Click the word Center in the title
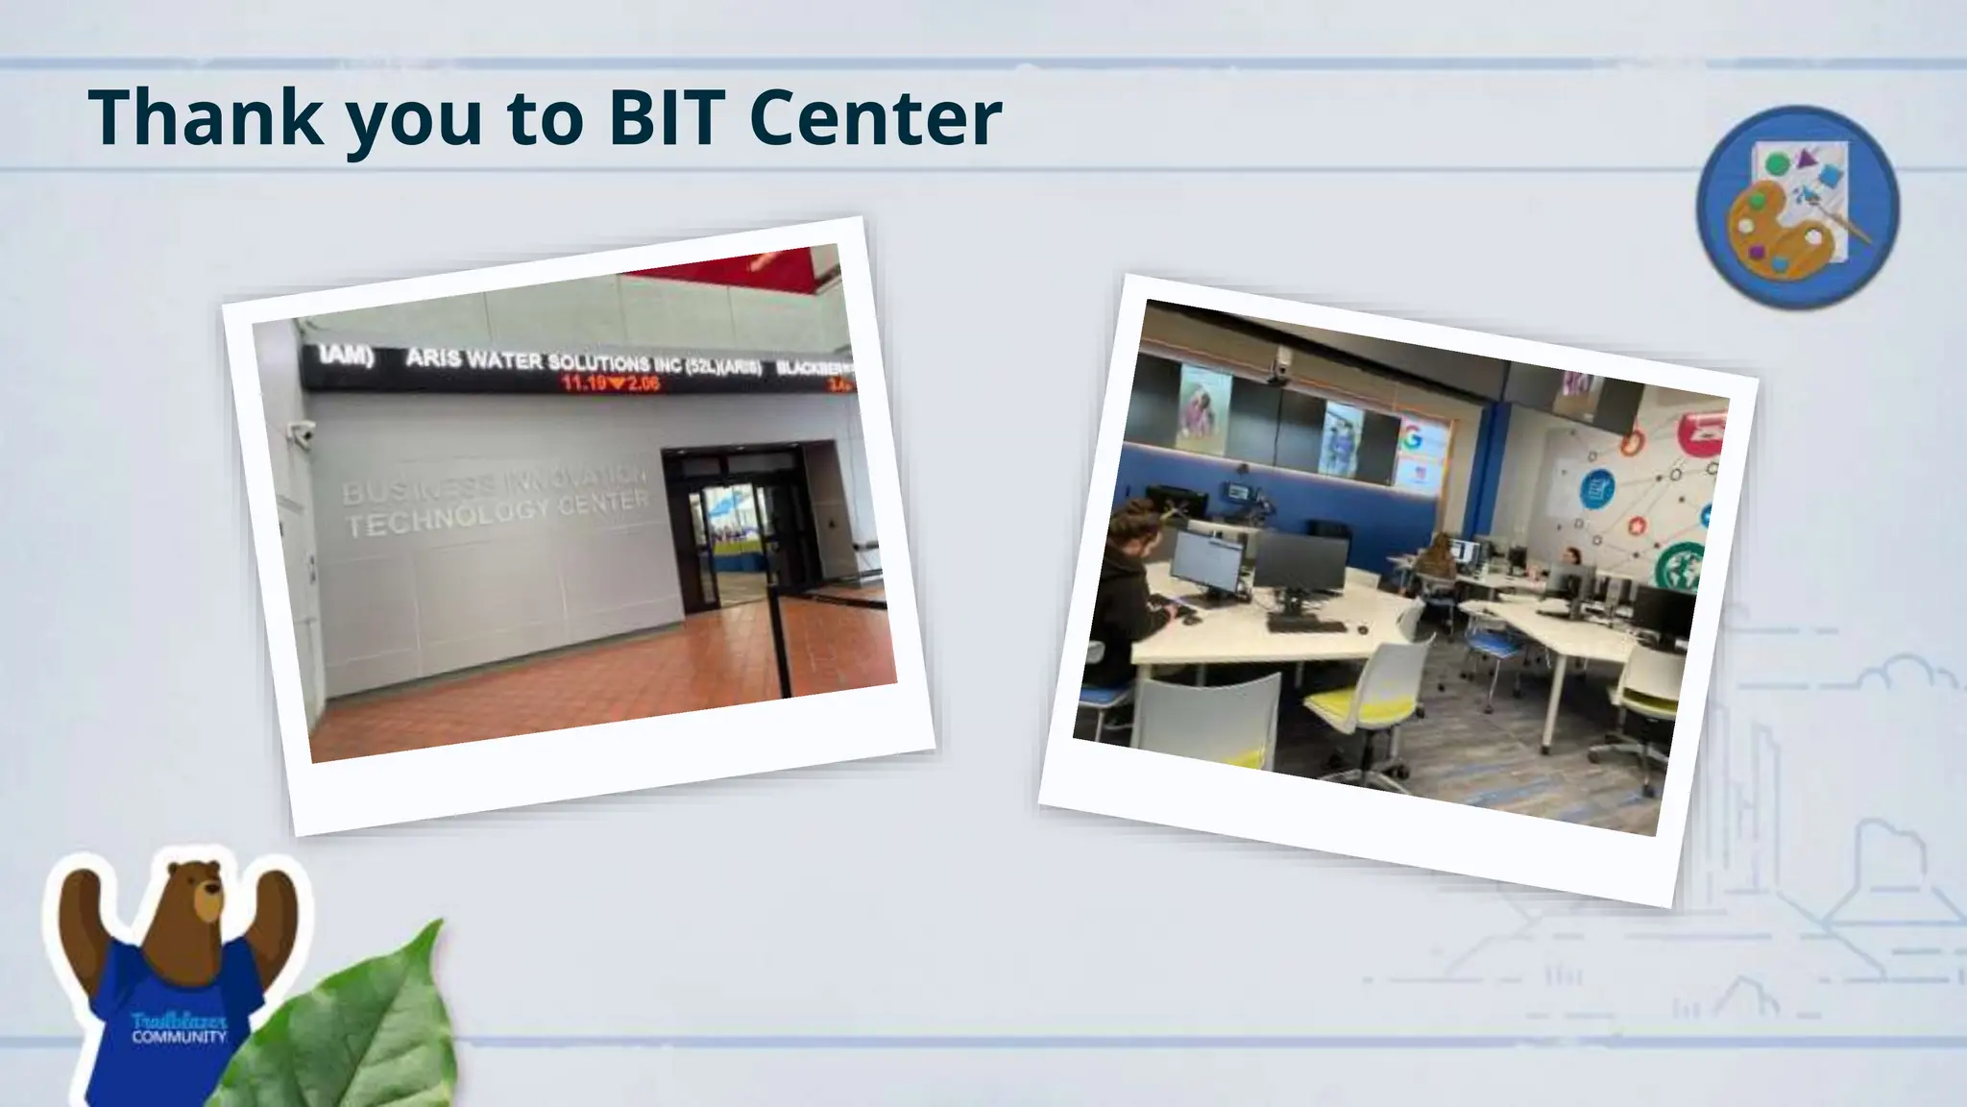[x=874, y=117]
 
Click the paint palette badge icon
[x=1797, y=207]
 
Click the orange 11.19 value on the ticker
[x=584, y=383]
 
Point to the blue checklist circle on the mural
[x=1596, y=490]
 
